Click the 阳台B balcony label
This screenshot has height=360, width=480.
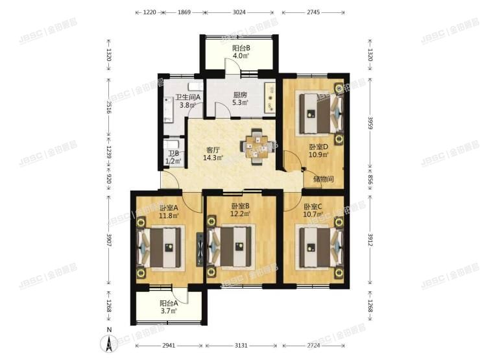pyautogui.click(x=241, y=48)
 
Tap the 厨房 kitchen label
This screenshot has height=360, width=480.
pyautogui.click(x=240, y=95)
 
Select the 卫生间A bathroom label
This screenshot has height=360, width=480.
pyautogui.click(x=187, y=97)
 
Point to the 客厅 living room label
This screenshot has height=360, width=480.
pyautogui.click(x=213, y=150)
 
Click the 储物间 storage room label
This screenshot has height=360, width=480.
pyautogui.click(x=323, y=179)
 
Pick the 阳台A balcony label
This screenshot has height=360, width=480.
pyautogui.click(x=169, y=304)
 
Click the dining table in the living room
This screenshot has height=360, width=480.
pyautogui.click(x=256, y=147)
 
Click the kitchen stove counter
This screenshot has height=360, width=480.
pyautogui.click(x=270, y=97)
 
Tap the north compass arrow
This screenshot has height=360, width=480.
pyautogui.click(x=108, y=344)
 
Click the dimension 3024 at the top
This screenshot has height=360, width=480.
pyautogui.click(x=239, y=12)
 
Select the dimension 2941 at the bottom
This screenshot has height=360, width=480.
pyautogui.click(x=169, y=345)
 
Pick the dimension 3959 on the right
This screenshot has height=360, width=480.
pyautogui.click(x=370, y=123)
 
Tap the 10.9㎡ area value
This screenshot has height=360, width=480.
pyautogui.click(x=318, y=154)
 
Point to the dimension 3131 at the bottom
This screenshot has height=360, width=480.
pyautogui.click(x=241, y=345)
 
